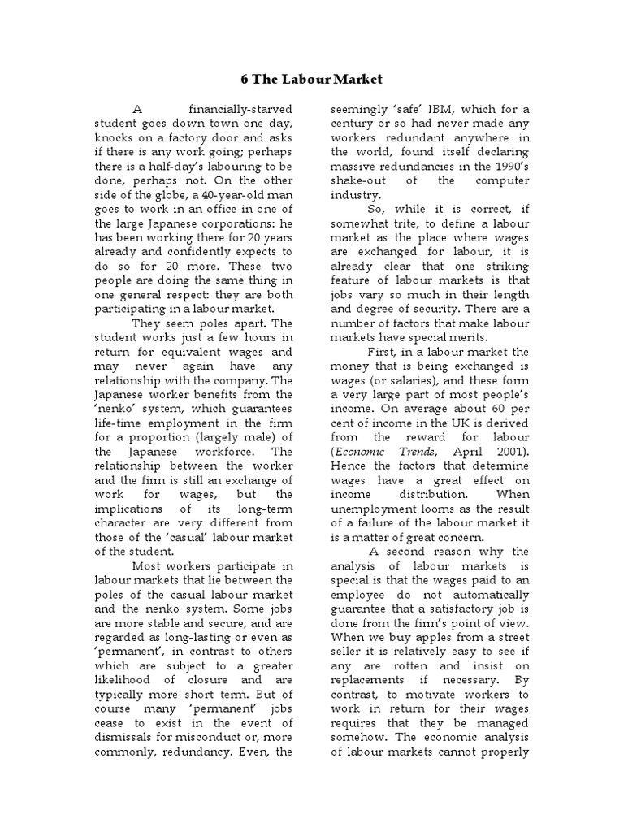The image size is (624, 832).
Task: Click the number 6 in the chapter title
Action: pyautogui.click(x=245, y=80)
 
